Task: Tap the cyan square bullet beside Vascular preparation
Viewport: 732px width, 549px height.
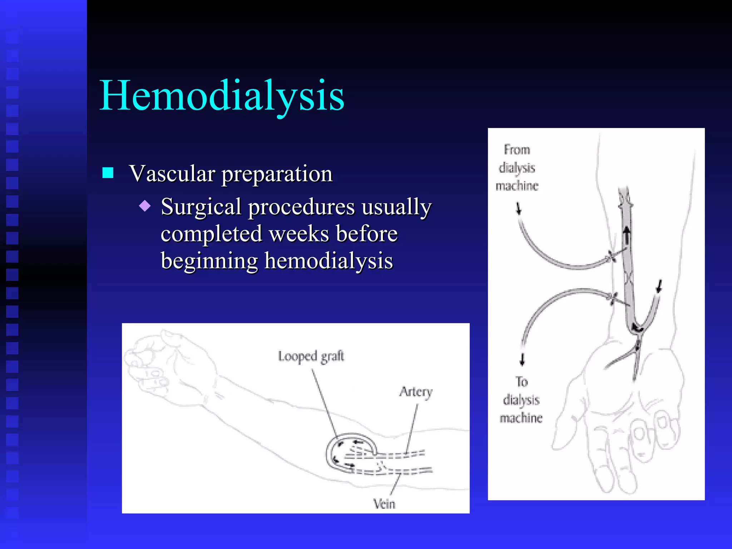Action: pos(108,173)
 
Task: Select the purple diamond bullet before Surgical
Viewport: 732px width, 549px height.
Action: pos(145,206)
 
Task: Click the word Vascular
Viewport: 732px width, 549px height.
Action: pos(172,174)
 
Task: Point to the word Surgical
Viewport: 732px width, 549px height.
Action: pos(201,207)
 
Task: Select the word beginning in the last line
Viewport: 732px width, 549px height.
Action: pos(209,261)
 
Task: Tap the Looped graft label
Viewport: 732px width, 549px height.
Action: pos(311,356)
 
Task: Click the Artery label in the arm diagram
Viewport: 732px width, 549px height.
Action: pos(416,392)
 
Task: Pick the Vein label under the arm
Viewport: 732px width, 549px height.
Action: pos(384,504)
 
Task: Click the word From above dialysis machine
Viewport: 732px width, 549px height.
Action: pos(517,150)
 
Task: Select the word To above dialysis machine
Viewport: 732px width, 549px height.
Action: pos(522,382)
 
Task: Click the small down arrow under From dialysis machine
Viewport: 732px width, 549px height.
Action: pos(519,208)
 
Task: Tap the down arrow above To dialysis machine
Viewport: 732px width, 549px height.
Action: pos(522,359)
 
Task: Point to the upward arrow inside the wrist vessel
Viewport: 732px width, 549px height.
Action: pos(627,234)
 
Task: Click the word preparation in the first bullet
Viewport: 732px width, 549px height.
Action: pos(277,174)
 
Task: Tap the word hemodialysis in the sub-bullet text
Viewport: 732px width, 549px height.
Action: pos(328,261)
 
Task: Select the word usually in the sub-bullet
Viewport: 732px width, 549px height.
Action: pos(396,207)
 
